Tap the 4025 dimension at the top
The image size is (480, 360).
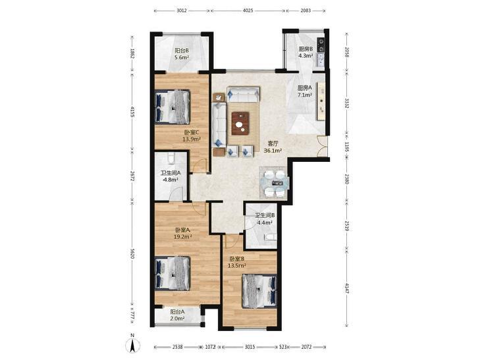(248, 11)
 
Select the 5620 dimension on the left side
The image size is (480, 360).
(132, 253)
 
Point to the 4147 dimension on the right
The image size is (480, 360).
(347, 288)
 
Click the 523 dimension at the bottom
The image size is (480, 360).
(283, 347)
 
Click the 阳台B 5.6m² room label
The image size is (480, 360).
(182, 53)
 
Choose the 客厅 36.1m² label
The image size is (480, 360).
(273, 147)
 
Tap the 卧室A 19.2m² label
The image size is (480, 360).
(183, 232)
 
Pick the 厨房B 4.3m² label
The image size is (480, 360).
(306, 52)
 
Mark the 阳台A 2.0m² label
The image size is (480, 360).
(177, 315)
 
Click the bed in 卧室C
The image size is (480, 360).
(173, 107)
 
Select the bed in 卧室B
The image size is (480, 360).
(259, 291)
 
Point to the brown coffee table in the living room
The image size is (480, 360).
(240, 123)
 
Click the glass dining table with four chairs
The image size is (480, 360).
(274, 183)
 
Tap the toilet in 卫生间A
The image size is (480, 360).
(171, 159)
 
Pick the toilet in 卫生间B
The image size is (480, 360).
(271, 237)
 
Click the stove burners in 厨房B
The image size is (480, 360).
(321, 44)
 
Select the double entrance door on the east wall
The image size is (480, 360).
(322, 146)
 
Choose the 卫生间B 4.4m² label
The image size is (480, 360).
(265, 219)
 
